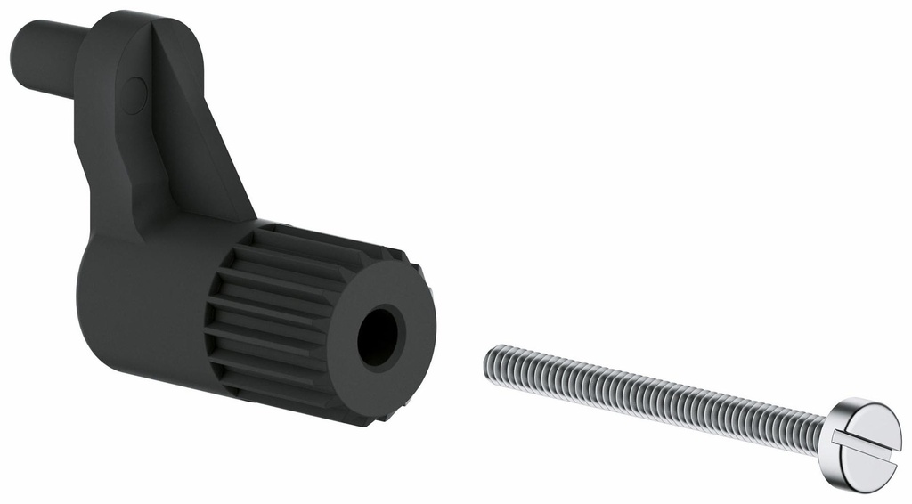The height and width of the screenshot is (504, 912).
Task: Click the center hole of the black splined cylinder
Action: (x=380, y=337)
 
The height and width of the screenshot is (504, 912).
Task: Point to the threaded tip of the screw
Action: (x=493, y=361)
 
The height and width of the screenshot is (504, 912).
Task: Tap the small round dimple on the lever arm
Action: (x=134, y=94)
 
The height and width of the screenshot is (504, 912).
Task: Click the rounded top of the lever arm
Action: (x=151, y=27)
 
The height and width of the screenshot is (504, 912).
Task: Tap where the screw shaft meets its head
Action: (x=824, y=431)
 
